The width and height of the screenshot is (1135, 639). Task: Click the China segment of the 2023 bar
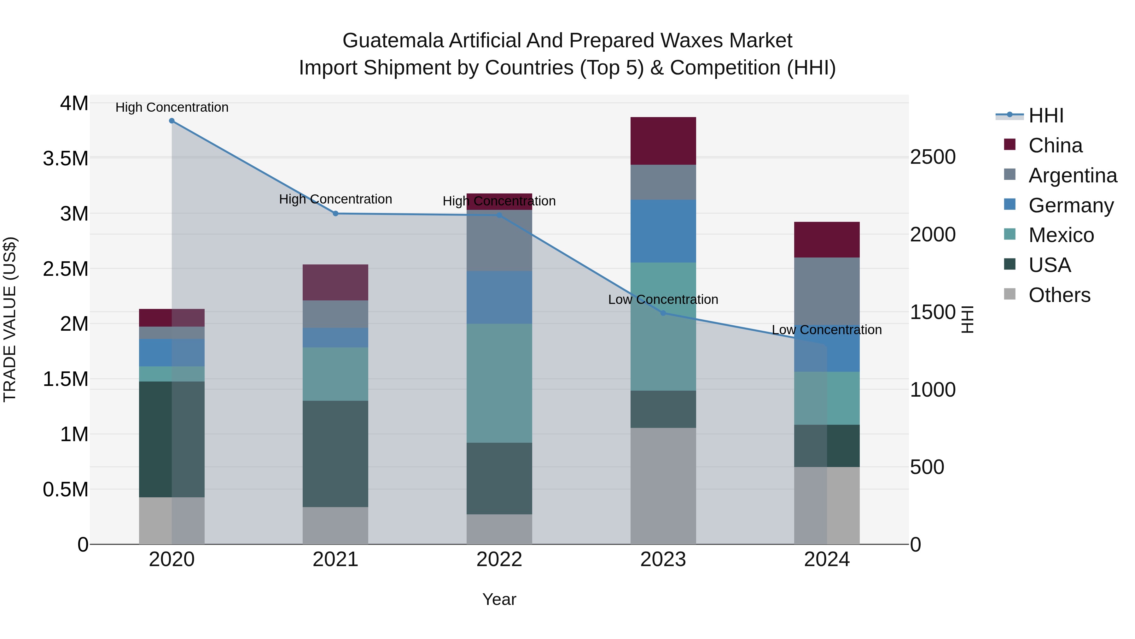[x=663, y=141]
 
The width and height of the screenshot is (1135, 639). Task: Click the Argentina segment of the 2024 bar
[x=827, y=291]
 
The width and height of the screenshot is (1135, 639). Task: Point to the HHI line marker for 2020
[x=172, y=121]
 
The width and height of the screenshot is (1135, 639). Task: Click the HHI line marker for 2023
[x=663, y=313]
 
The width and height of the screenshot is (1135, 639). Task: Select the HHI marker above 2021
[x=335, y=213]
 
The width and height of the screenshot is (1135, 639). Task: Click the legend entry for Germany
[x=1071, y=205]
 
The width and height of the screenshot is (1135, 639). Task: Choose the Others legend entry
[x=1059, y=295]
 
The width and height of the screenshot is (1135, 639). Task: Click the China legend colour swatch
[x=1010, y=145]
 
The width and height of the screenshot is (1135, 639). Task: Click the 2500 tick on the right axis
[x=933, y=157]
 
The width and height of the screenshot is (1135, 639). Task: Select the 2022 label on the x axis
[x=499, y=559]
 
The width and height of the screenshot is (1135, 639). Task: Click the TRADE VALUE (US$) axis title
[x=10, y=319]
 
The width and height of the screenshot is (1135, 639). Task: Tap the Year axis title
[x=499, y=599]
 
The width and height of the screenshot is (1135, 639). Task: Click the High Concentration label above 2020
[x=172, y=107]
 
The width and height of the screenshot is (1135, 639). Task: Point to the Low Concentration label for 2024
[x=827, y=330]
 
